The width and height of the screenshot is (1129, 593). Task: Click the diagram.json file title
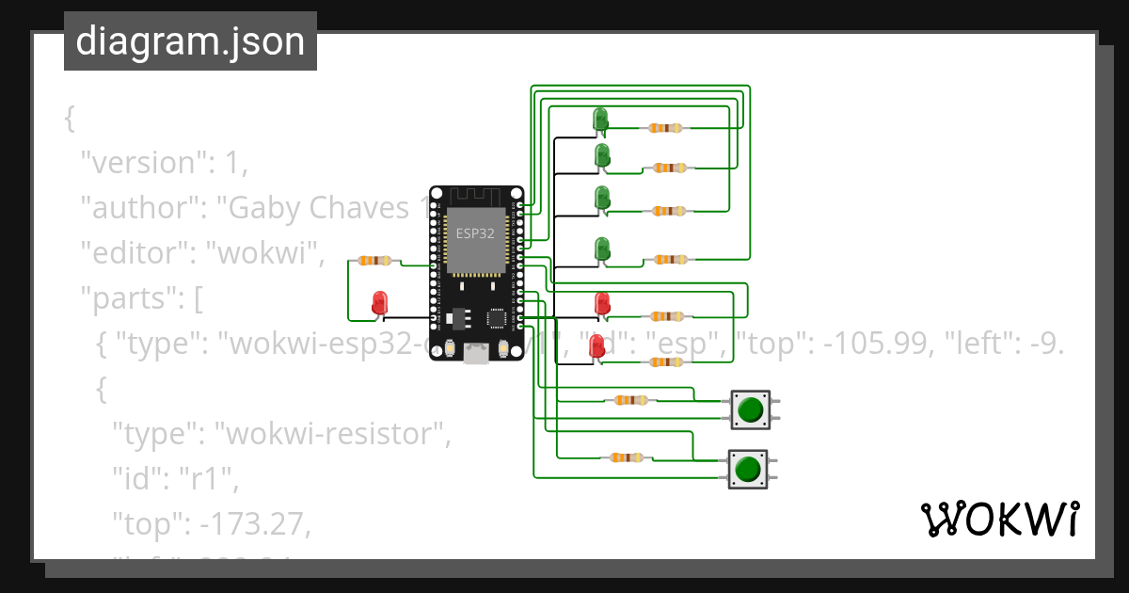[190, 41]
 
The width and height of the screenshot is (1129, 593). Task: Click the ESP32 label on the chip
[475, 234]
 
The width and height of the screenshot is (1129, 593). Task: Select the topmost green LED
[600, 120]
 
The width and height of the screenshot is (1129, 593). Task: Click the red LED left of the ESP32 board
[380, 303]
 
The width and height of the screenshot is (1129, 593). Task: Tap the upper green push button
[750, 409]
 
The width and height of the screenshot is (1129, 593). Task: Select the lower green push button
[748, 468]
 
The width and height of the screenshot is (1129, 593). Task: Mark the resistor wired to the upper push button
[630, 400]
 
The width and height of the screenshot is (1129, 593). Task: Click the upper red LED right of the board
[602, 303]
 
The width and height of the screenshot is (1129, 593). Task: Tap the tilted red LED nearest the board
[596, 347]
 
